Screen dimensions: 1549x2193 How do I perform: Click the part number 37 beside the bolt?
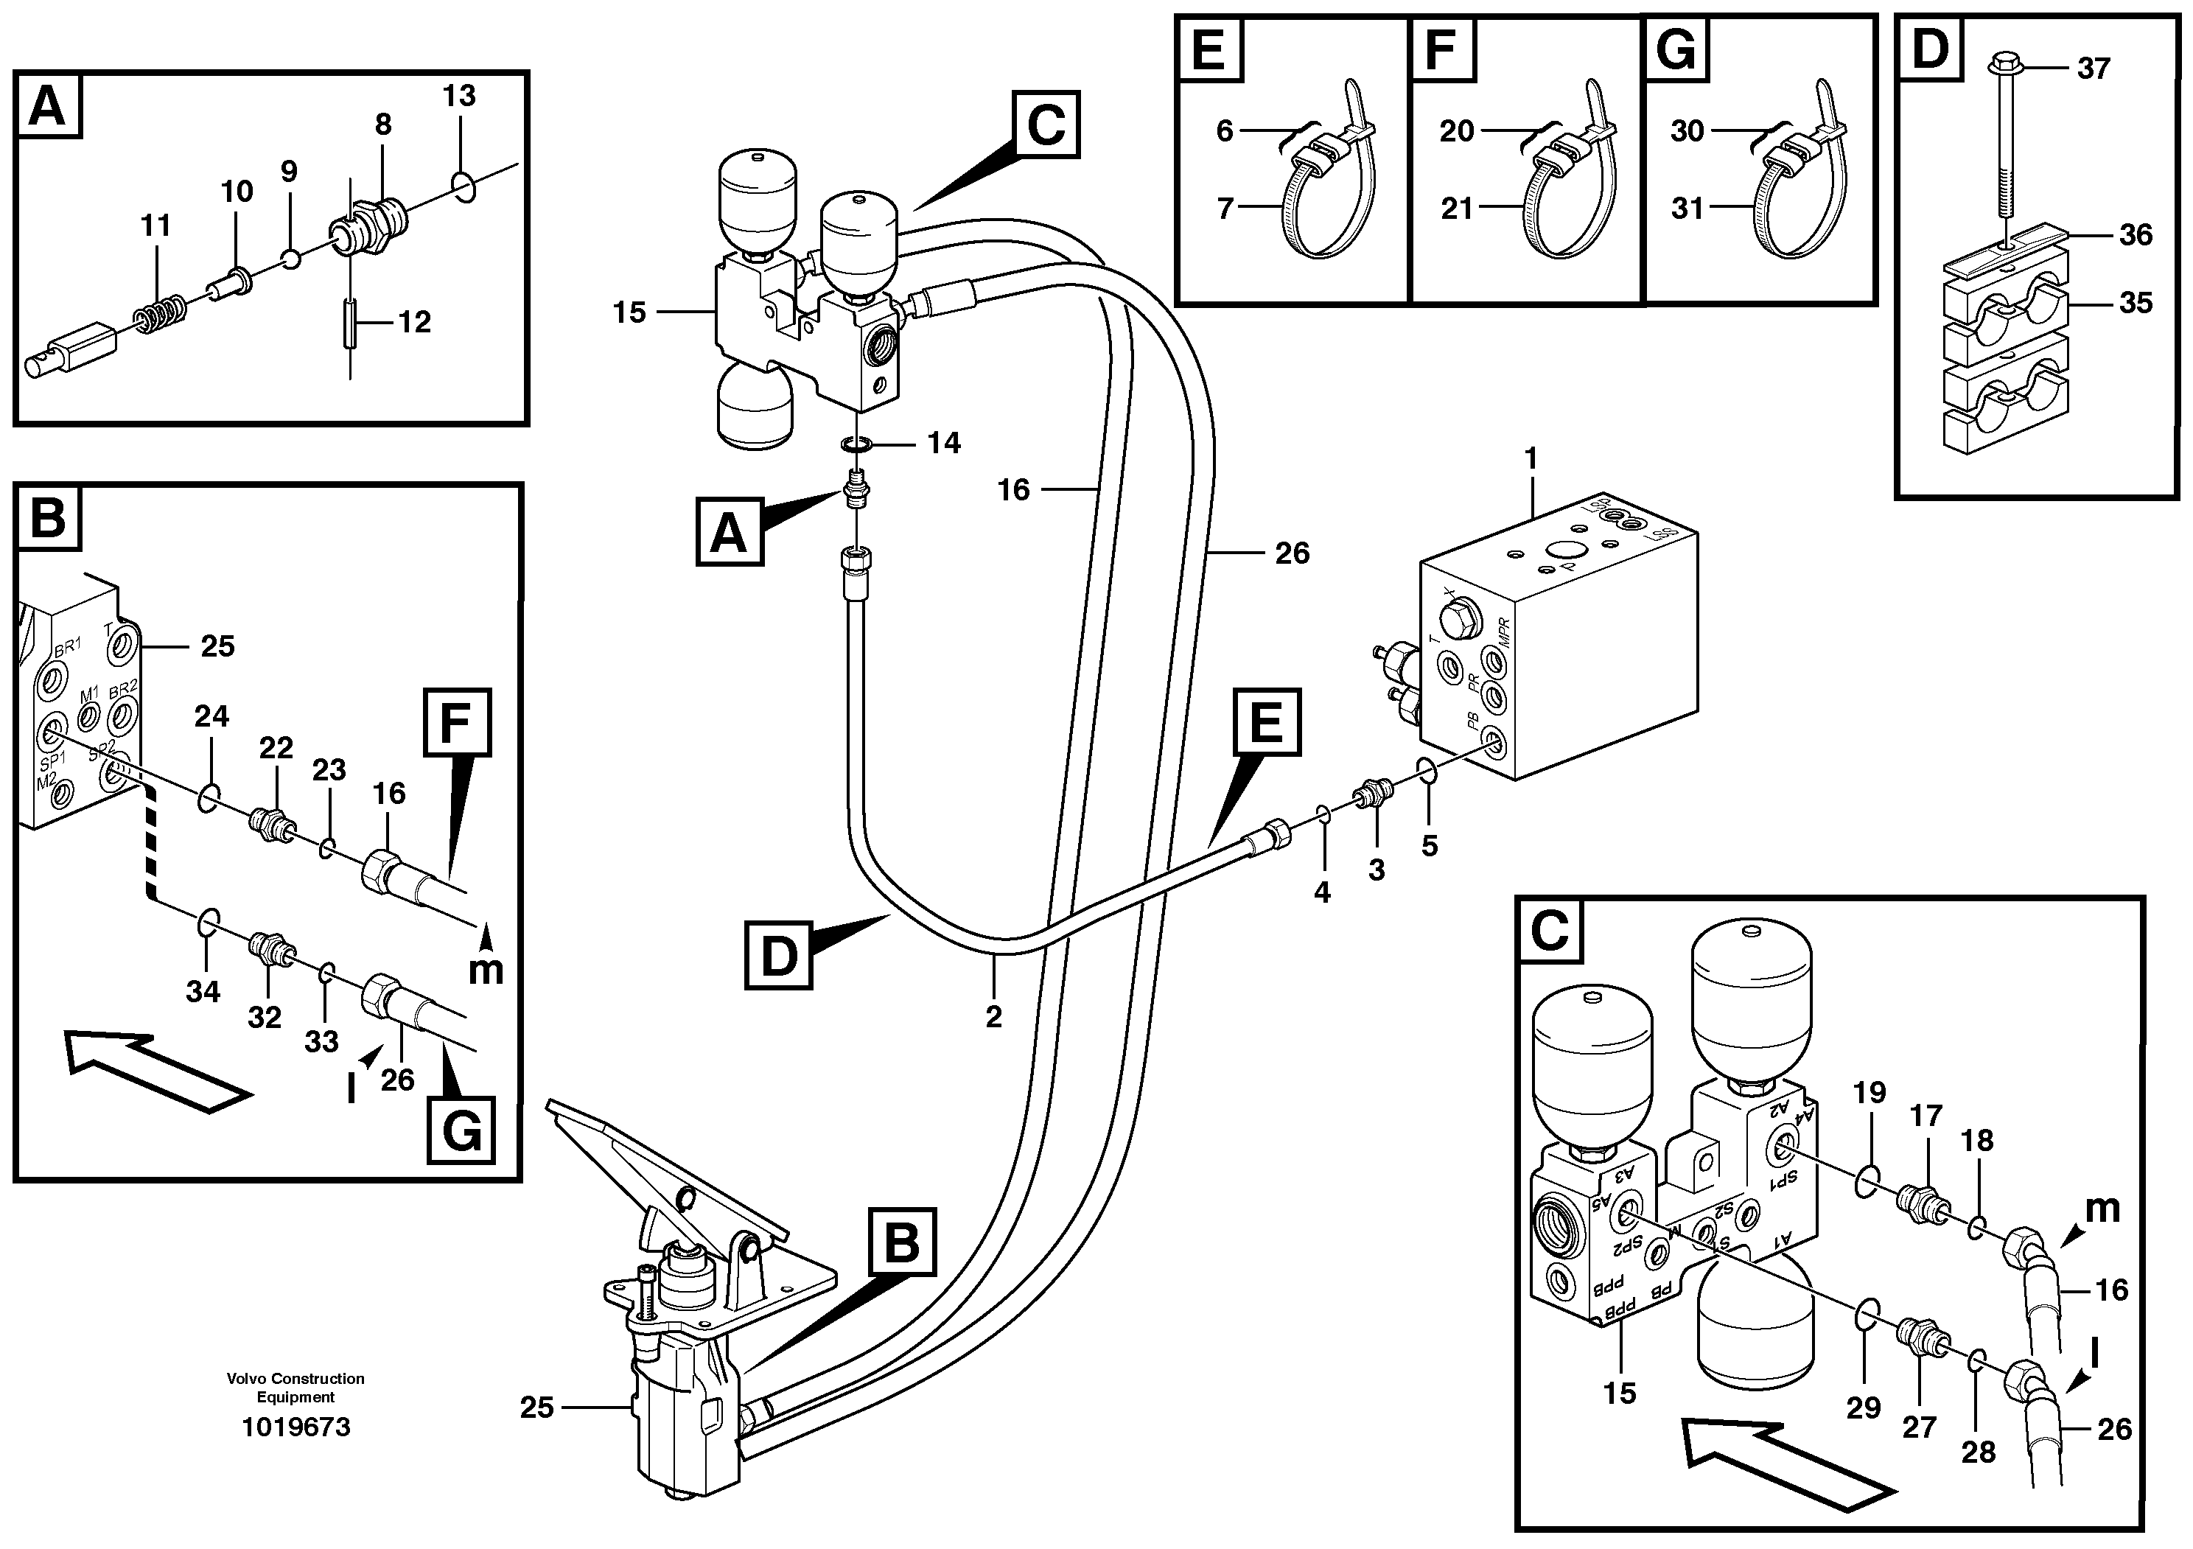pos(2093,69)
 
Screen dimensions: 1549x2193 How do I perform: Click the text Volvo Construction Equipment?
pos(296,1388)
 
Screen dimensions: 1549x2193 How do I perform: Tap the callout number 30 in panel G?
pos(1687,131)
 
